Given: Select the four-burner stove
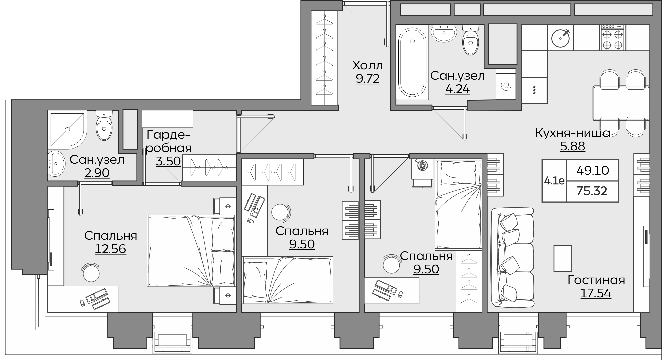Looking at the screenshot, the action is click(614, 38).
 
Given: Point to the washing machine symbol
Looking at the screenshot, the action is click(506, 86).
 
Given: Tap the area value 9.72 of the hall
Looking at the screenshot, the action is click(367, 79).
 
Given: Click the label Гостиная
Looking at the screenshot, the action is click(596, 280).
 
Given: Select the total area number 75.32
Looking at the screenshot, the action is click(592, 191).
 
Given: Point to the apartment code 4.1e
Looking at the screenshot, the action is click(554, 181).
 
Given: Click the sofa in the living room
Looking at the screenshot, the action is click(513, 257).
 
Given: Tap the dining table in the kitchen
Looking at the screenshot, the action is click(621, 103).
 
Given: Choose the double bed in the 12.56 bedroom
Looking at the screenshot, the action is click(191, 251).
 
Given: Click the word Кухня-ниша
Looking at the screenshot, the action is click(573, 133).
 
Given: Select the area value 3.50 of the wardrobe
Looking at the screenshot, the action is click(169, 161).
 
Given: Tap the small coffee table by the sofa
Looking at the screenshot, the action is click(563, 258).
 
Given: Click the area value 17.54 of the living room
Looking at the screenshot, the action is click(596, 293).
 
